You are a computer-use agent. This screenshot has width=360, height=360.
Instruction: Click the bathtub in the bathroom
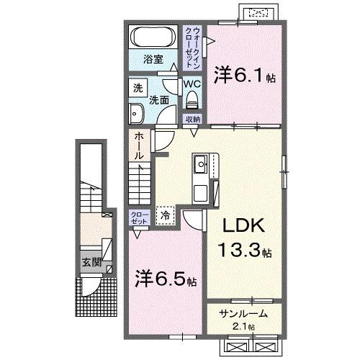[x=152, y=37]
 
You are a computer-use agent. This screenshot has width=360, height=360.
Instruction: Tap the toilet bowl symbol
[x=191, y=99]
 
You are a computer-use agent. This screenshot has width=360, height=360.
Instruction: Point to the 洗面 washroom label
[x=159, y=101]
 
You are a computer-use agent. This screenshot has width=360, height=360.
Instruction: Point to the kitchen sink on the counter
[x=201, y=163]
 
